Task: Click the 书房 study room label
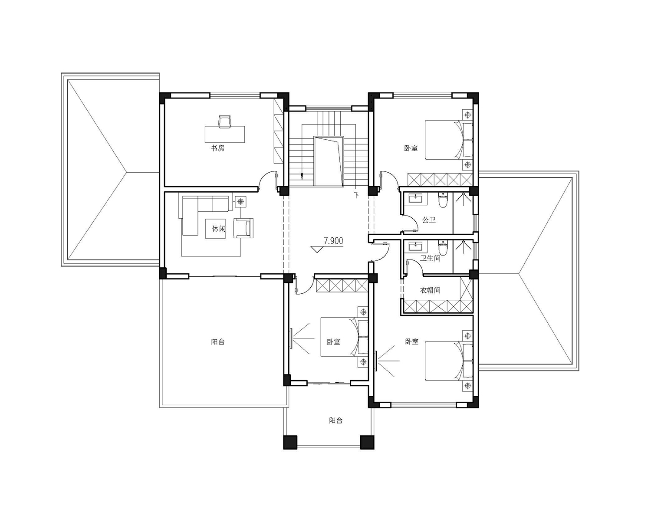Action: pos(218,148)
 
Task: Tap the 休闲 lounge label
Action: pos(219,229)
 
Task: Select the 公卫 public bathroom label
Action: pos(429,220)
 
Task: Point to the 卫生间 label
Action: pos(430,258)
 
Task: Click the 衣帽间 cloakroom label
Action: pos(430,290)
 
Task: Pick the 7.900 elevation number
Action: pos(333,241)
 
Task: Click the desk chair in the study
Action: pos(225,121)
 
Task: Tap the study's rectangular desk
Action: pos(225,135)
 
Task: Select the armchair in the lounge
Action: pos(244,228)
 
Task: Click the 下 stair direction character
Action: pos(356,195)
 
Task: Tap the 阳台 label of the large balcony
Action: pos(218,342)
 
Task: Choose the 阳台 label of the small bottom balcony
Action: pos(336,420)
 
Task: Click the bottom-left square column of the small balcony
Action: pos(290,442)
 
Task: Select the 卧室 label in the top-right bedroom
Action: pos(411,148)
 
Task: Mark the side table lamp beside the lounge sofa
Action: pos(241,201)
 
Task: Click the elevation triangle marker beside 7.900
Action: pos(317,249)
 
